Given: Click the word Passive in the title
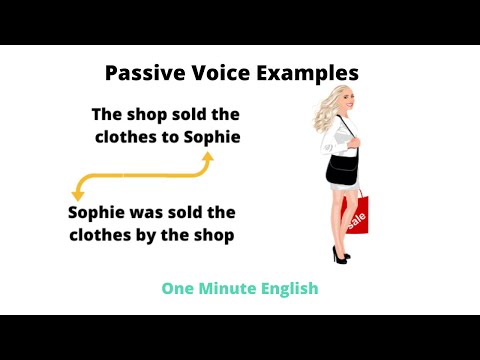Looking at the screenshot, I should (x=141, y=73).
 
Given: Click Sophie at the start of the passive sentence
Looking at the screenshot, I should (x=98, y=213).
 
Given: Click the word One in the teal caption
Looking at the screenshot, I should (x=178, y=288).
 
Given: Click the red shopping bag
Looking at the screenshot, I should (x=355, y=213).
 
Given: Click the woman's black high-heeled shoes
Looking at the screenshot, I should (x=340, y=257).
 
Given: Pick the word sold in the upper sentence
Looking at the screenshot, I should (x=189, y=114).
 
